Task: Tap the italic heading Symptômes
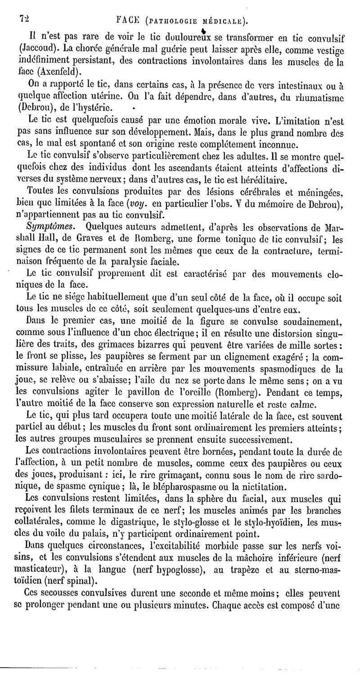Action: click(x=51, y=224)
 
